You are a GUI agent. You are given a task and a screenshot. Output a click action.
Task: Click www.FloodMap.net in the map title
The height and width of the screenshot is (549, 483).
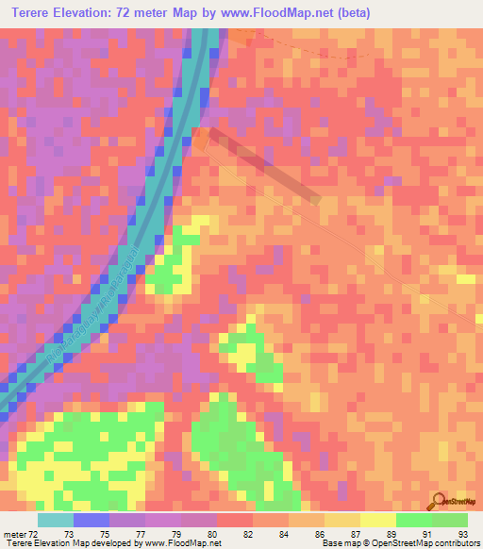(280, 13)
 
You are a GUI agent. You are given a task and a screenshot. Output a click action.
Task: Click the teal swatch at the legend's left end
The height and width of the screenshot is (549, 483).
(56, 520)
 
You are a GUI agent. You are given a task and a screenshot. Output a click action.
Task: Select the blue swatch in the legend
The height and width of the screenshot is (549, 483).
(92, 520)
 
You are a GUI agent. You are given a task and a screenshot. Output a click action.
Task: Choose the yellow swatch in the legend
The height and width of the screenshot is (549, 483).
(377, 520)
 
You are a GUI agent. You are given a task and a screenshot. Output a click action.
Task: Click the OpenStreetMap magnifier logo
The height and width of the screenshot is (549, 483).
(439, 501)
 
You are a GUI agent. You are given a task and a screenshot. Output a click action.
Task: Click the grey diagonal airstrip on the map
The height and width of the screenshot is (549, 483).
(264, 164)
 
